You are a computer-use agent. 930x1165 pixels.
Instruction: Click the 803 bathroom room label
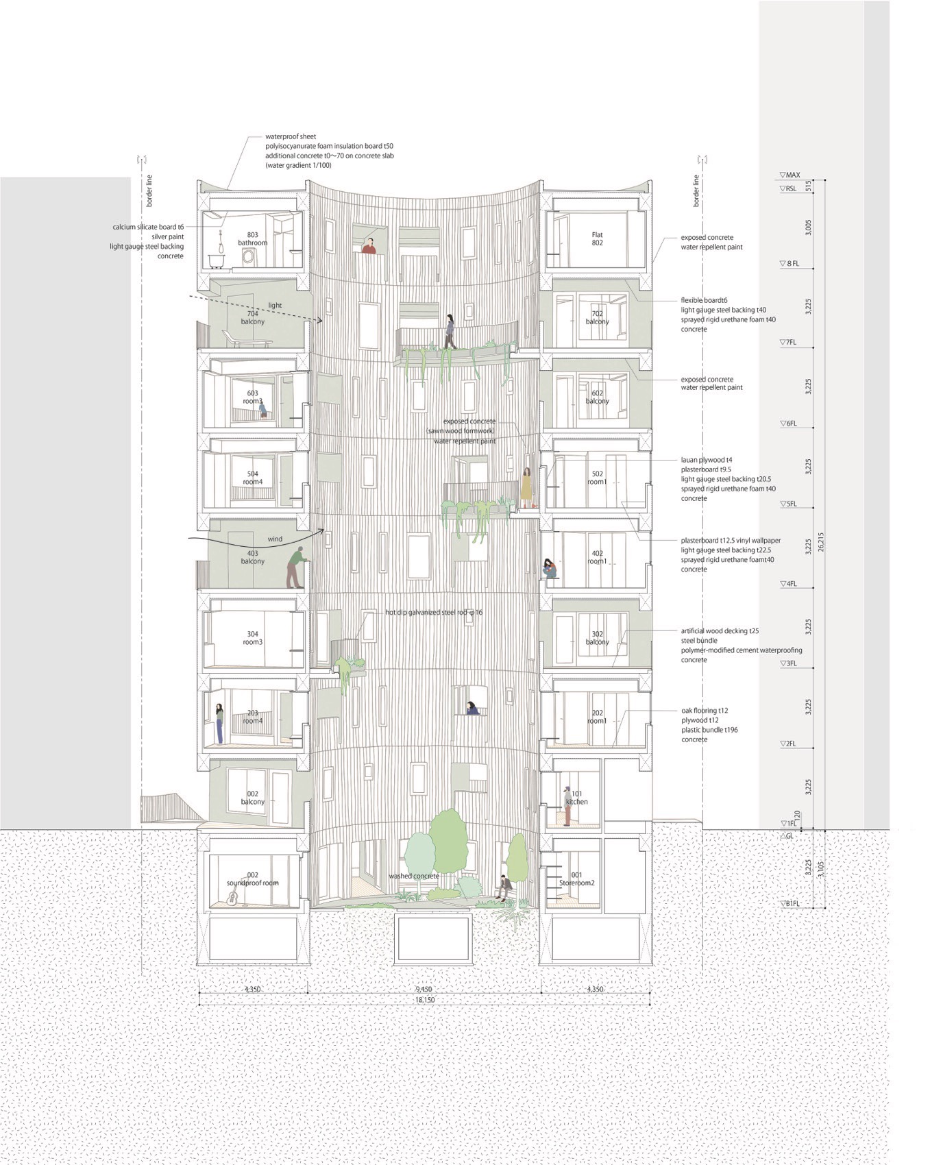[252, 238]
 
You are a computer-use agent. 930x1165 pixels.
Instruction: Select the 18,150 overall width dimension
[424, 1000]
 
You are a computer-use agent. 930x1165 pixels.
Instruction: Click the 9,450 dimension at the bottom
[424, 989]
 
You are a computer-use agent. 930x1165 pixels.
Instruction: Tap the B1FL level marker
[790, 903]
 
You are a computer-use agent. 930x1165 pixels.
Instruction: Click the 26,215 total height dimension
[821, 542]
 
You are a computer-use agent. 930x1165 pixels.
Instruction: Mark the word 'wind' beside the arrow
[275, 539]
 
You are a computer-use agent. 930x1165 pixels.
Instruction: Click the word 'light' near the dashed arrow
[275, 306]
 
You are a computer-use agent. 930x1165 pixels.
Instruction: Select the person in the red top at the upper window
[369, 246]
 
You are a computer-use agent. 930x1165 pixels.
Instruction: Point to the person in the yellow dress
[526, 487]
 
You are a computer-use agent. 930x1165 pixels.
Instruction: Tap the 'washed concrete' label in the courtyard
[413, 876]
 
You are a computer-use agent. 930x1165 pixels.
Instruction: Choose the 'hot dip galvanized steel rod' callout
[433, 612]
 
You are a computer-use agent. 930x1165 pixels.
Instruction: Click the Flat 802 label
[597, 238]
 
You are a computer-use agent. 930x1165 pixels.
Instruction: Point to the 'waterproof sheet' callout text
[291, 137]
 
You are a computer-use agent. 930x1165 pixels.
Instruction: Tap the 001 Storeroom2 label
[576, 879]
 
